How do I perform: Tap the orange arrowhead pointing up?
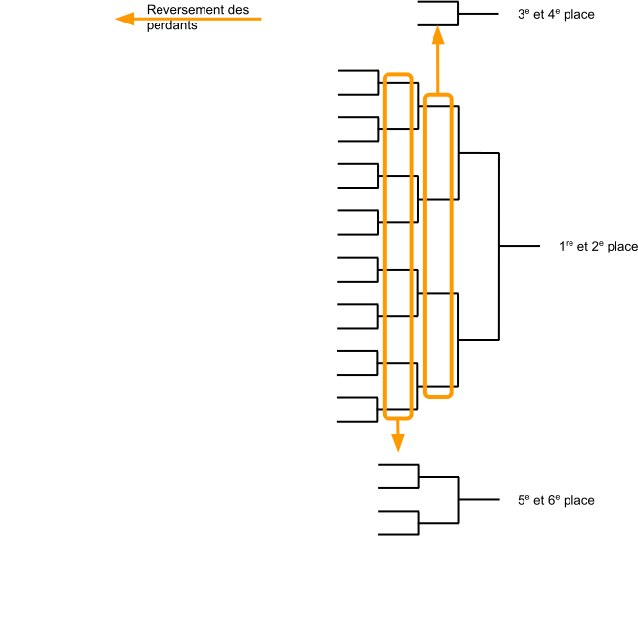437,37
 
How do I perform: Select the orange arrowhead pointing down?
397,441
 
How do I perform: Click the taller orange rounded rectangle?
397,246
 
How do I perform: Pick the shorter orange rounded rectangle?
437,246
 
